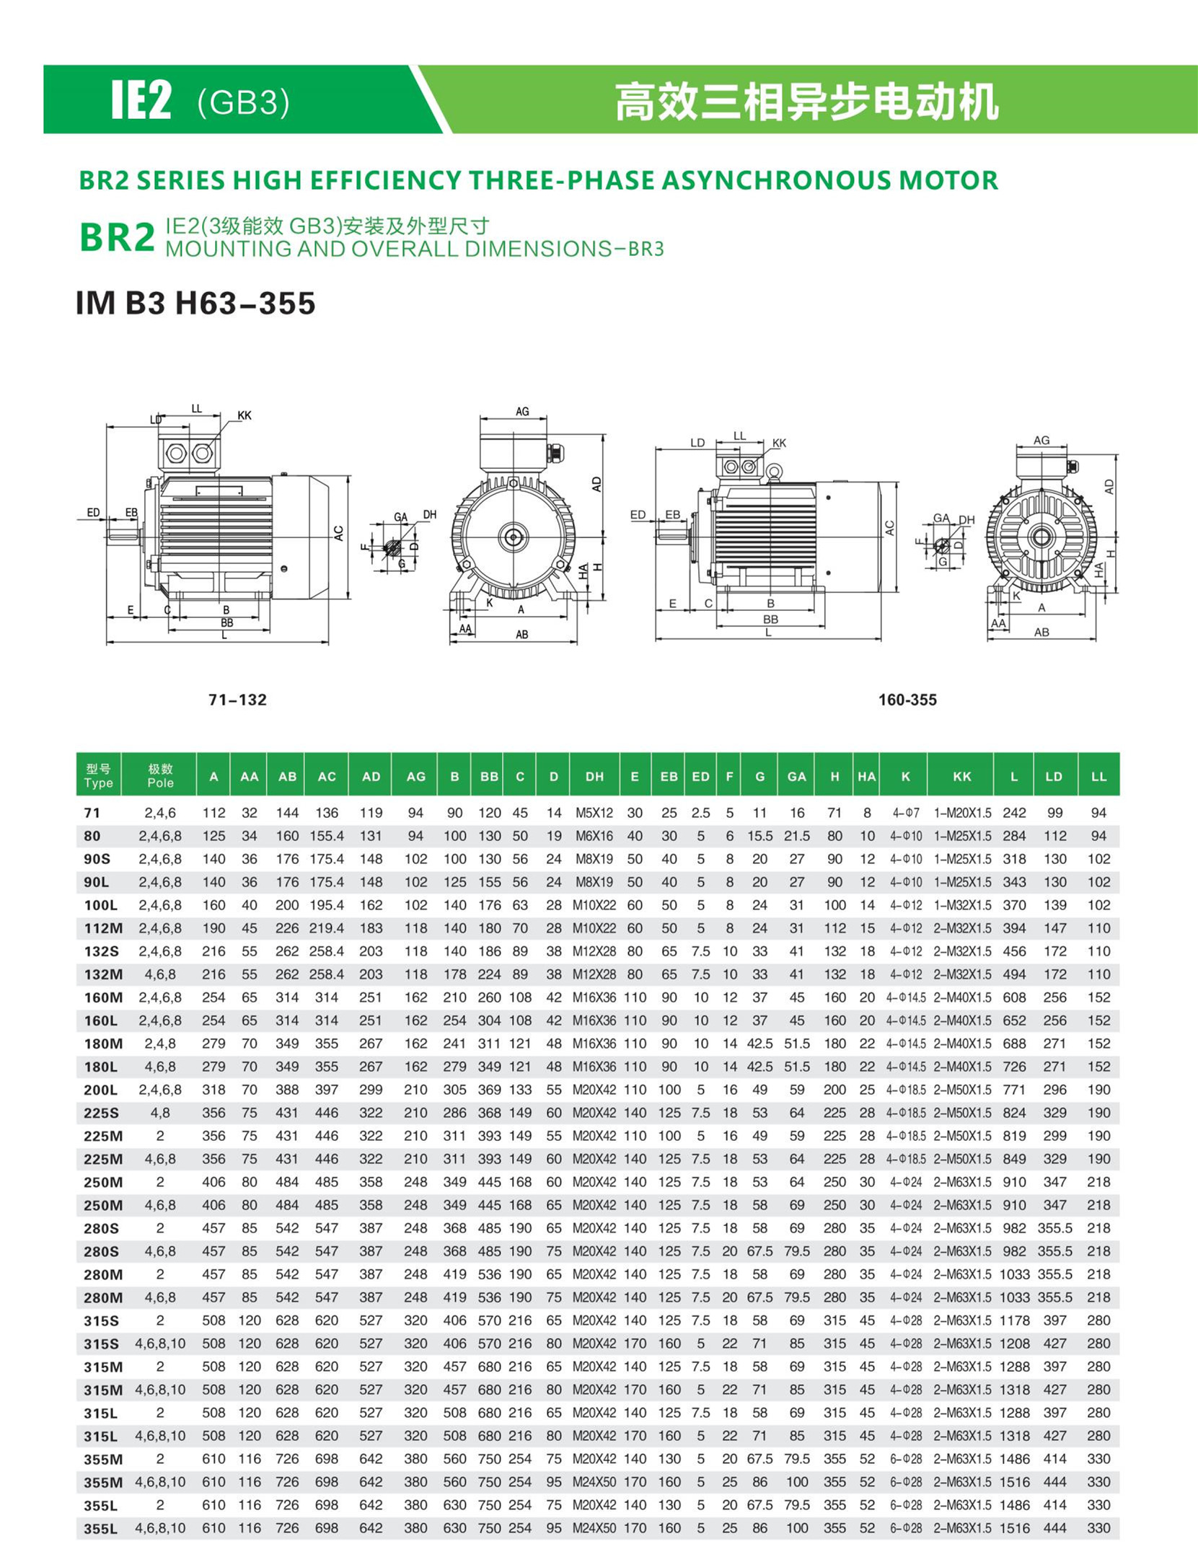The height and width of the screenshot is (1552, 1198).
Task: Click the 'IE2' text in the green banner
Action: tap(141, 100)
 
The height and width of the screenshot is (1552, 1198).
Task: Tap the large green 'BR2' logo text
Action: tap(117, 237)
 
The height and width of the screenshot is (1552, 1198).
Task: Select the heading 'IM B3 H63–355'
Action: tap(195, 303)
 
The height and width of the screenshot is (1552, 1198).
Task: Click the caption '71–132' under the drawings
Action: tap(237, 700)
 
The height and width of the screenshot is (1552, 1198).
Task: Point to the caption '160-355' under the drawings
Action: tap(907, 700)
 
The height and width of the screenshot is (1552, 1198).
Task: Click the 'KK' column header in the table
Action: tap(961, 777)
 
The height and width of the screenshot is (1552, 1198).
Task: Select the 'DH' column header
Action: tap(594, 777)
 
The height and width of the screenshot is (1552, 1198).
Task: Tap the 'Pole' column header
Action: tap(160, 783)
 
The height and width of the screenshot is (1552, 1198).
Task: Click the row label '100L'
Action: tap(101, 905)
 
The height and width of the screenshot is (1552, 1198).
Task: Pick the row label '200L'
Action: tap(101, 1090)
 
